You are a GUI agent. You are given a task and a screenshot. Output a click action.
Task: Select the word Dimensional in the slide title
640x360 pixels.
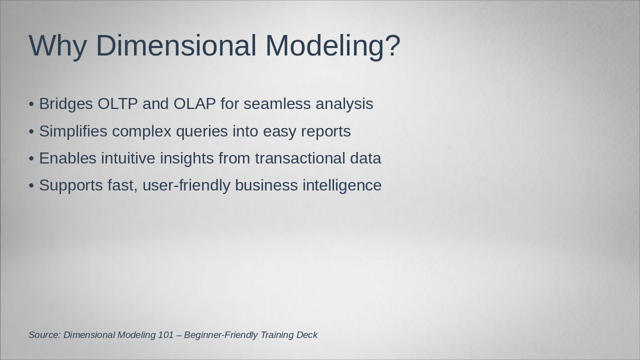point(176,45)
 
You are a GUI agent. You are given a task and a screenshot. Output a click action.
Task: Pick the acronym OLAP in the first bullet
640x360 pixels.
point(194,103)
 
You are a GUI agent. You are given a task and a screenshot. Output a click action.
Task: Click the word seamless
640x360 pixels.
point(277,103)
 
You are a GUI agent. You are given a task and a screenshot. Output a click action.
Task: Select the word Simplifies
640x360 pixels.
point(73,131)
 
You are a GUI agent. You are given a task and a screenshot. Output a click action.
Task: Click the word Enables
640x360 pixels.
point(67,158)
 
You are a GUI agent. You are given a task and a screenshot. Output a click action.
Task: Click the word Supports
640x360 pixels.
point(71,185)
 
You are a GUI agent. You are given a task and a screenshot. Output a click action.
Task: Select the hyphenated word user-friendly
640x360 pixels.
point(186,185)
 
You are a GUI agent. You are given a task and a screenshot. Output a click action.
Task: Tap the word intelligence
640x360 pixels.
point(342,185)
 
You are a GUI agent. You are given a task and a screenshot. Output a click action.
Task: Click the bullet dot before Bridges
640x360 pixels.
point(31,104)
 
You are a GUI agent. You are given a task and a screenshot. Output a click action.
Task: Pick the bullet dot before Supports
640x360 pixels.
point(31,185)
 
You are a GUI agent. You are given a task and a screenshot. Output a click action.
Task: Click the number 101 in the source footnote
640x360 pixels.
point(165,335)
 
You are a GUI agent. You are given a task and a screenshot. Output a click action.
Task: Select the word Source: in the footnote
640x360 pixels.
point(44,335)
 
